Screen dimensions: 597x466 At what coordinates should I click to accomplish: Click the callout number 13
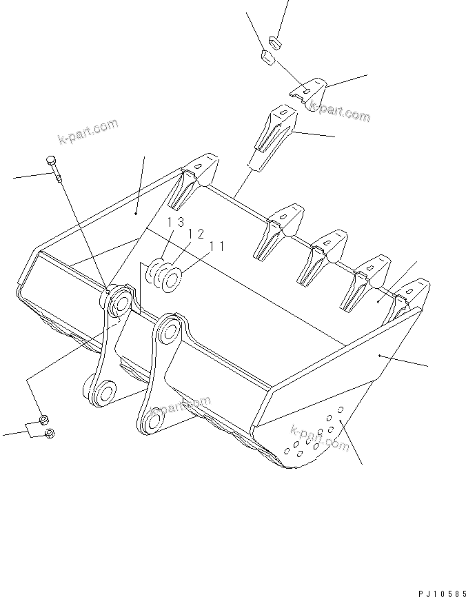174,222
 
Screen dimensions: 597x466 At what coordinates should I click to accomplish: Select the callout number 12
196,234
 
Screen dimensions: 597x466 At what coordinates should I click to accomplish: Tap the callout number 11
217,245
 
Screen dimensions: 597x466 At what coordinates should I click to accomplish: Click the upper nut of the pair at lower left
43,419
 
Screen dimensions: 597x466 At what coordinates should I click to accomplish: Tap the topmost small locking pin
276,41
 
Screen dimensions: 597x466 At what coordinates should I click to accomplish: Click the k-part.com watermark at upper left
88,132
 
